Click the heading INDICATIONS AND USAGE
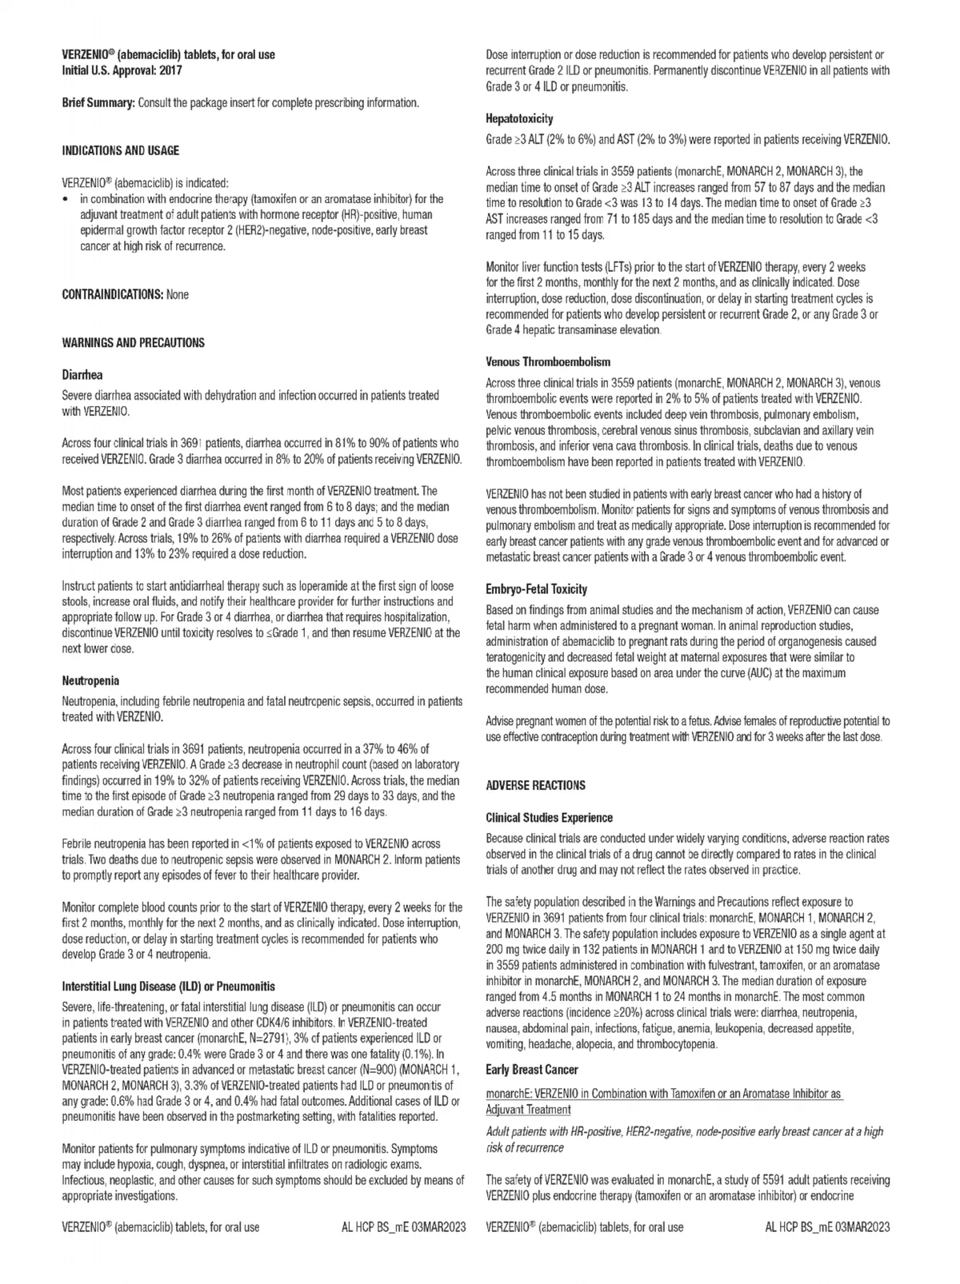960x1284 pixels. (x=121, y=150)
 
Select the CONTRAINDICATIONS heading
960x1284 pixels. (x=113, y=294)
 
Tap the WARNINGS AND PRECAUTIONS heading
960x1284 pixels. (x=133, y=342)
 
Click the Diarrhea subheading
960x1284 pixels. (x=82, y=374)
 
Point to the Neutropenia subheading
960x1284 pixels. (x=90, y=680)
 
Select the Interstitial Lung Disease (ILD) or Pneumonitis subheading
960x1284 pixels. (x=168, y=987)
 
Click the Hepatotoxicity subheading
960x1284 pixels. (x=520, y=118)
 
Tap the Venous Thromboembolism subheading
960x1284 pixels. (x=548, y=361)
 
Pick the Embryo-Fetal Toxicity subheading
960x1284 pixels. (x=537, y=588)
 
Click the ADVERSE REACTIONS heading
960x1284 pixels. (x=535, y=785)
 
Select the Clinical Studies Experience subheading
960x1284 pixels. (x=549, y=817)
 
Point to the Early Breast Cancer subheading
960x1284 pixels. (x=532, y=1069)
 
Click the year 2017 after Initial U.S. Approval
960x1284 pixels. (x=170, y=70)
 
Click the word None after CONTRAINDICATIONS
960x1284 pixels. (x=178, y=294)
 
